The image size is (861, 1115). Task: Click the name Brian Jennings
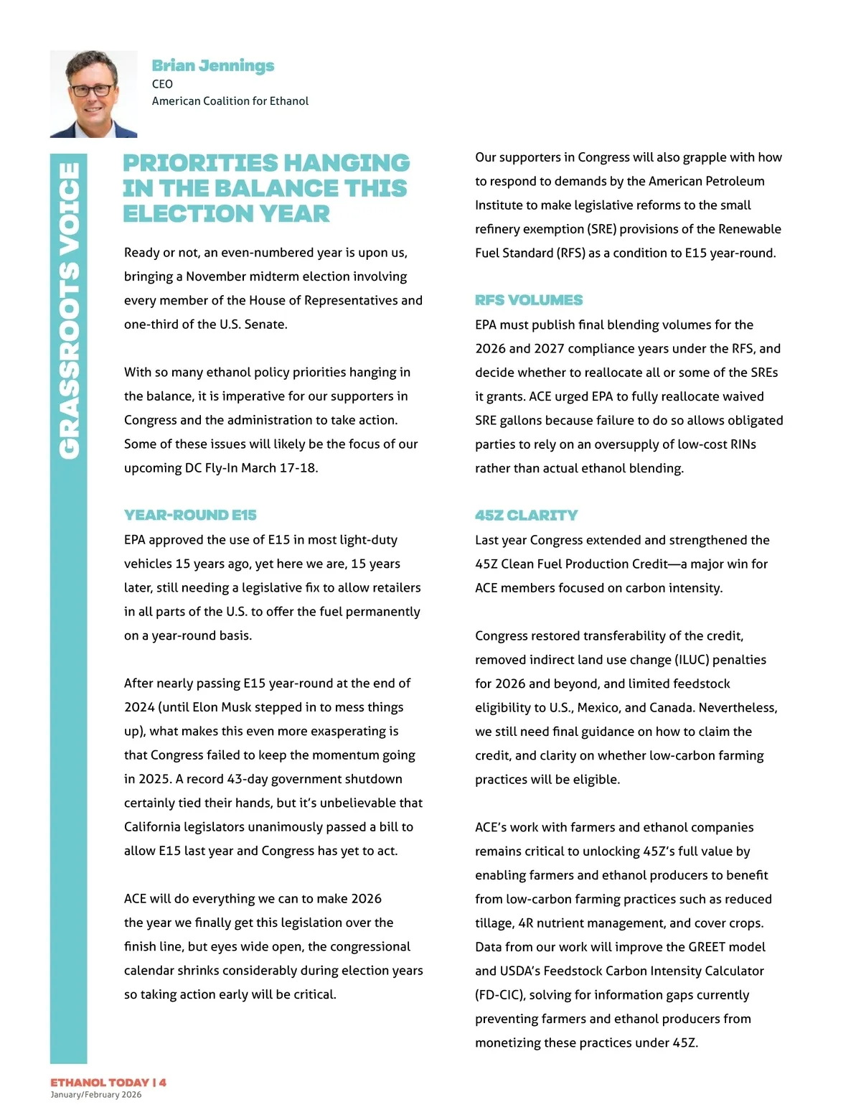[212, 65]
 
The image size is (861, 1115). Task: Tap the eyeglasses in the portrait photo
[93, 90]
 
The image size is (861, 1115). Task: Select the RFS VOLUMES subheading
[529, 300]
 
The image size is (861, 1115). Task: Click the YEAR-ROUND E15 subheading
[190, 515]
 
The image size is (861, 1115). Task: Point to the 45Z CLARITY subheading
[526, 515]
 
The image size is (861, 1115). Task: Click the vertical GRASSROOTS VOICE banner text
[69, 310]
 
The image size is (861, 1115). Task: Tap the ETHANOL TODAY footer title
[99, 1082]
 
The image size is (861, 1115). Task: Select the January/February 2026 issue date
[95, 1095]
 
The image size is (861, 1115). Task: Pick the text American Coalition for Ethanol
[230, 101]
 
